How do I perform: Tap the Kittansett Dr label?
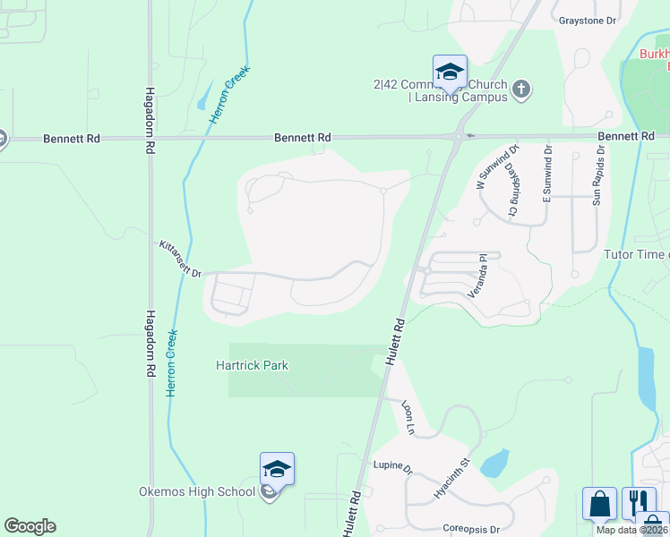(181, 259)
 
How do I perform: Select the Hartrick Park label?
(252, 365)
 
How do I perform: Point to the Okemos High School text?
(197, 491)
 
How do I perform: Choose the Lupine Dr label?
(392, 468)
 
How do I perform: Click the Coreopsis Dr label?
(471, 529)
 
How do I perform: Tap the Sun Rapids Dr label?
(597, 175)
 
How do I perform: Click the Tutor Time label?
(637, 255)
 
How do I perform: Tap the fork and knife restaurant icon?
(637, 503)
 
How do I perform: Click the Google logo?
(30, 526)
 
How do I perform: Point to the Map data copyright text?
(631, 530)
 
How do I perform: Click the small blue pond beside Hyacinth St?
(495, 463)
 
